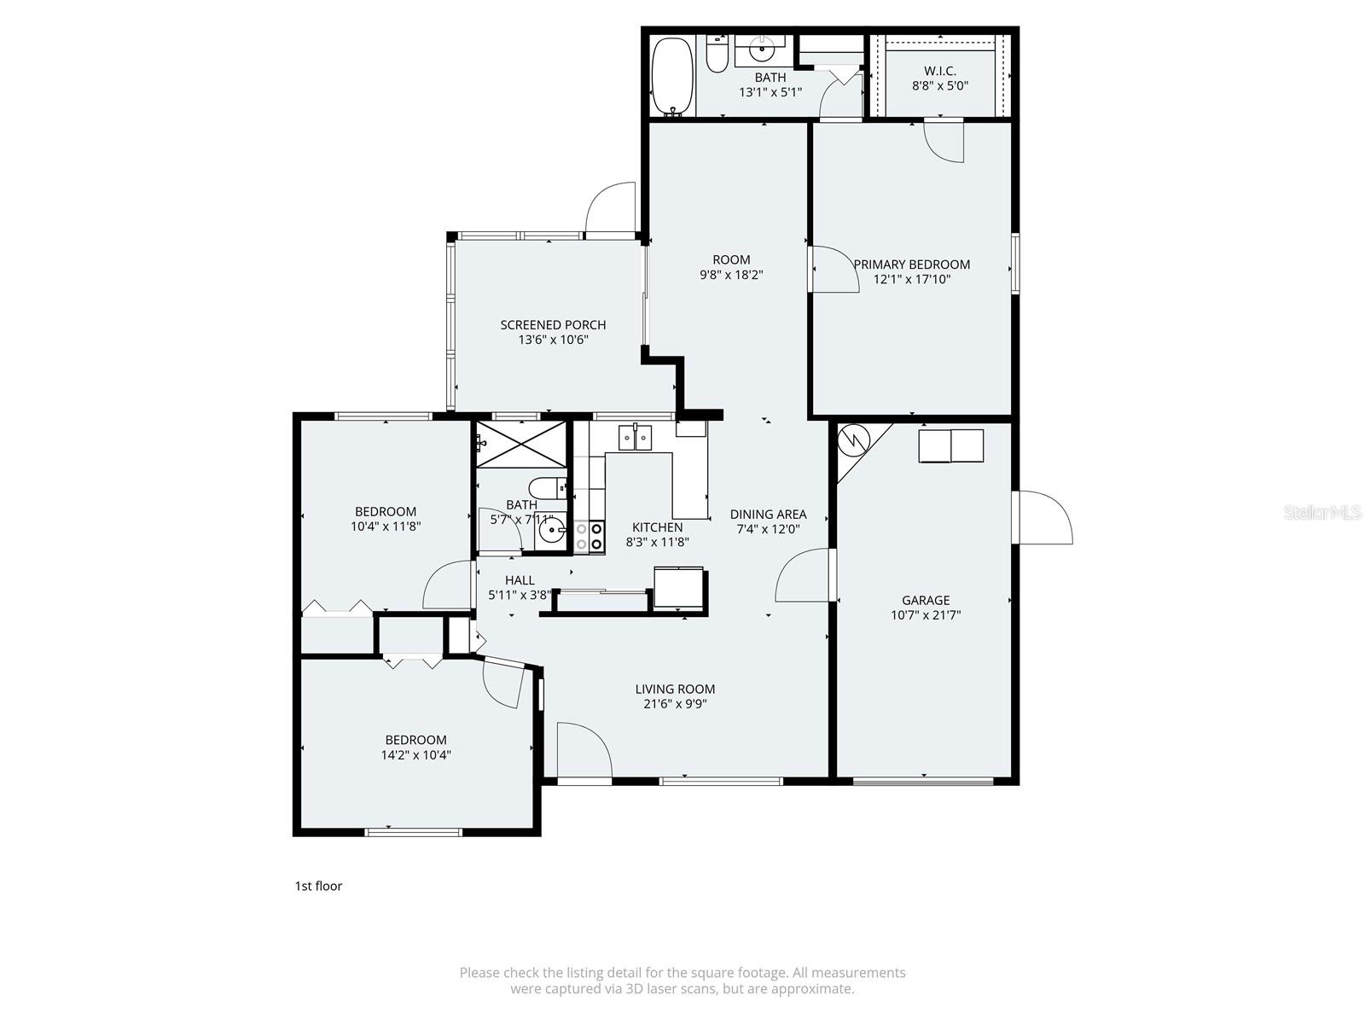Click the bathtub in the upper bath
tap(673, 76)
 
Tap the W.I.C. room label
tap(939, 71)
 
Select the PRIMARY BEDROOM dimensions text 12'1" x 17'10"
tap(911, 279)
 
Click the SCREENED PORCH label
tap(553, 324)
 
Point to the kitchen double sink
tap(635, 438)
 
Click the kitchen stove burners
tap(589, 536)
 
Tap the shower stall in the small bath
tap(520, 444)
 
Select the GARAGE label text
tap(926, 600)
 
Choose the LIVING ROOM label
tap(675, 689)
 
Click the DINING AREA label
tap(768, 514)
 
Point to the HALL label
tap(520, 580)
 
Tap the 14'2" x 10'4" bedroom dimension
tap(415, 754)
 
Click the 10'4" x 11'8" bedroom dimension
tap(385, 527)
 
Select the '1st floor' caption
tap(318, 886)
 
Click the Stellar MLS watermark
tap(1322, 512)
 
